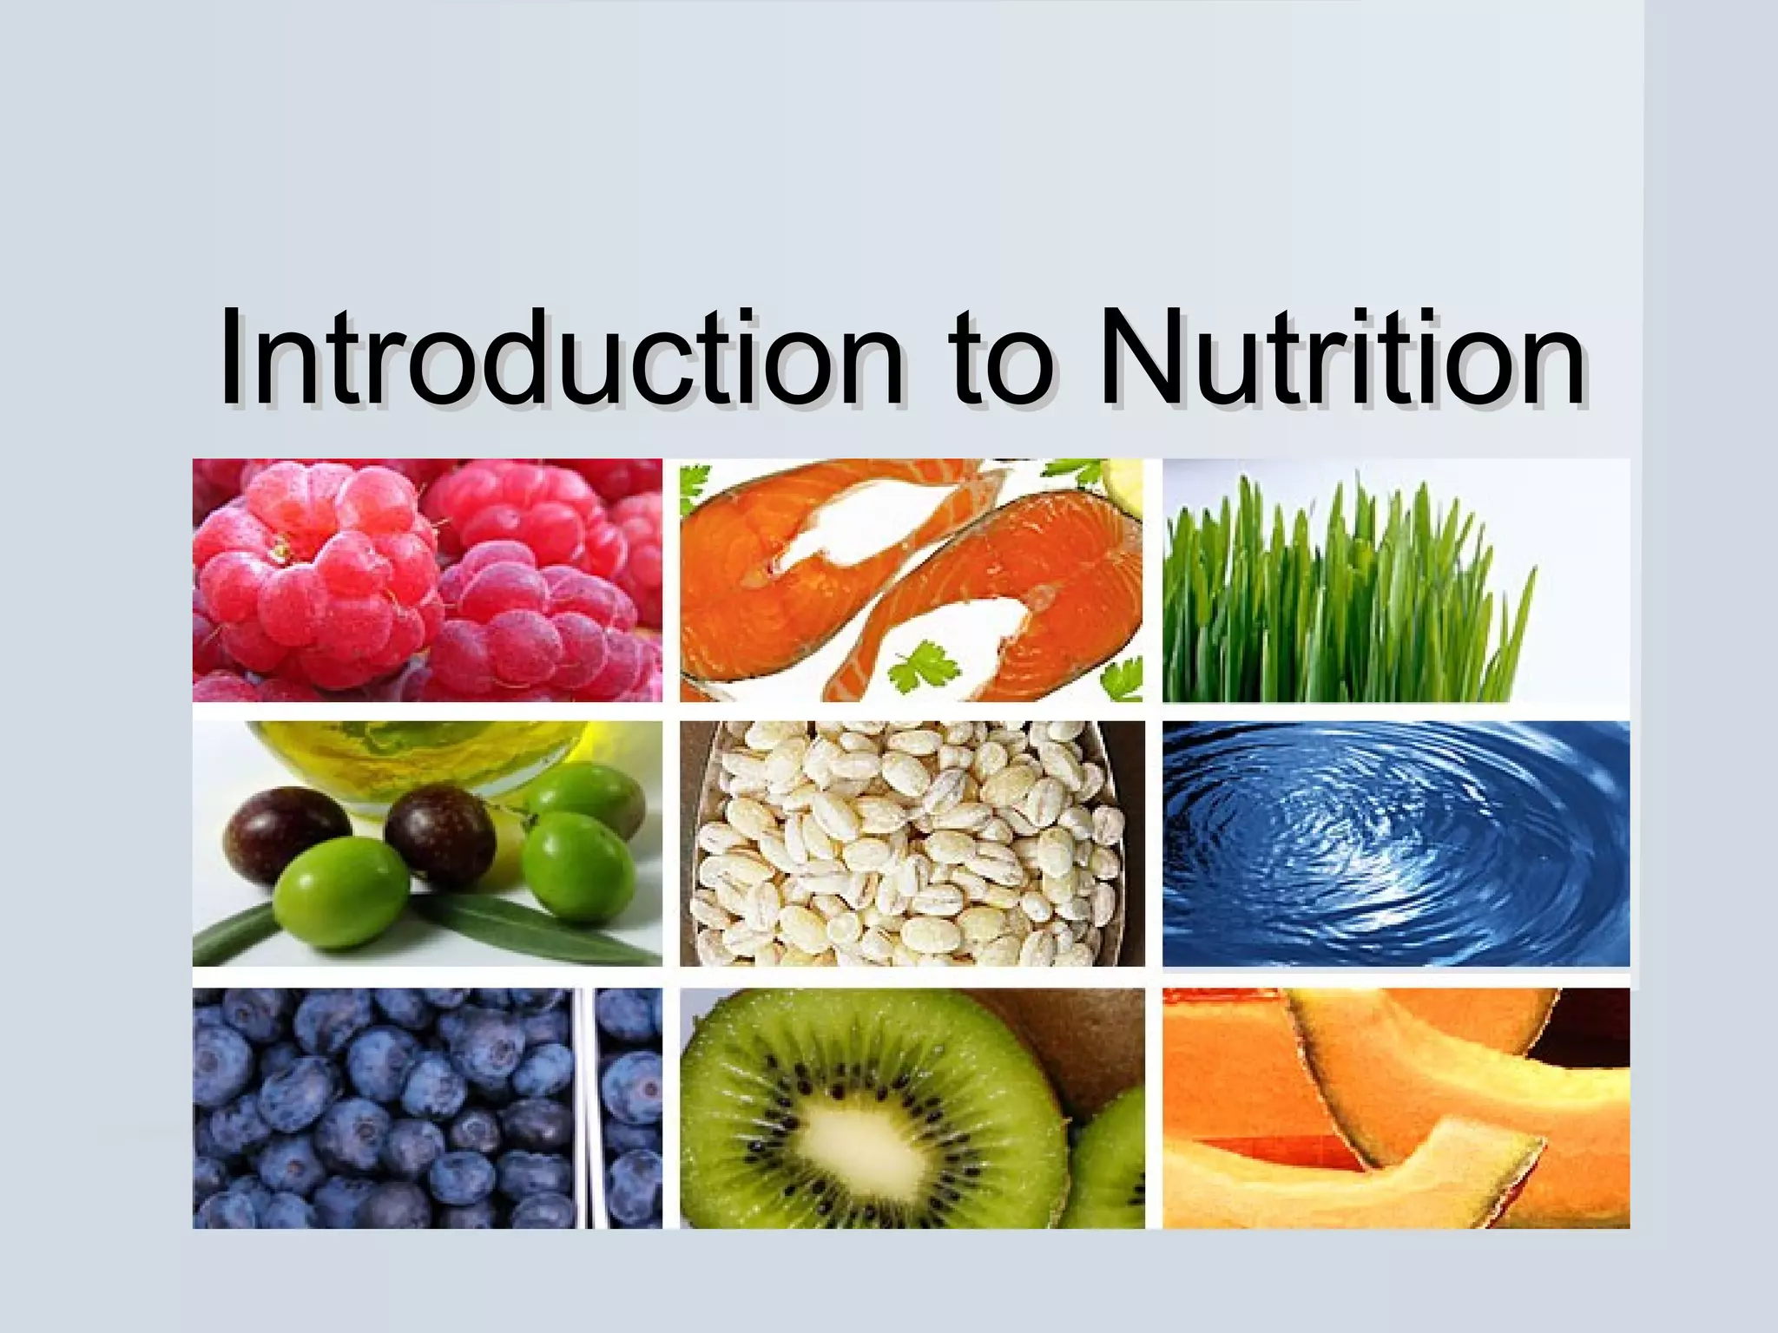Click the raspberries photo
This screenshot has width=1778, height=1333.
pos(427,580)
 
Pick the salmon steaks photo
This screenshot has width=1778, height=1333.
pos(912,580)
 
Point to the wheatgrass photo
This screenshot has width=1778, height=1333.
pos(1396,580)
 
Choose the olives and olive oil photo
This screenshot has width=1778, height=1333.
pos(427,843)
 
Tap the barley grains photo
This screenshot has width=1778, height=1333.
pos(912,843)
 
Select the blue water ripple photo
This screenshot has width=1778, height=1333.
pos(1396,843)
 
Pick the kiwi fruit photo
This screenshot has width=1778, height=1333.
pos(912,1107)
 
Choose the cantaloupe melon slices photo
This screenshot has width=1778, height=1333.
pos(1396,1107)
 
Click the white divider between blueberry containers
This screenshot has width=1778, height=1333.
pos(589,1107)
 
